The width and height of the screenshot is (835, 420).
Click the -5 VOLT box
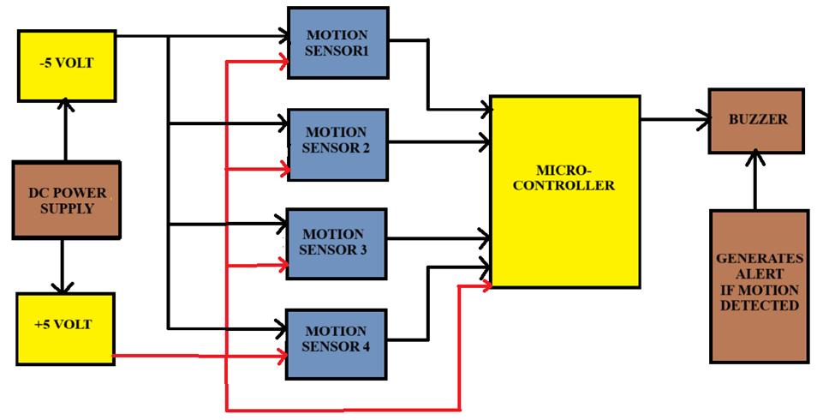click(66, 63)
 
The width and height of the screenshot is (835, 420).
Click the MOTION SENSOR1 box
click(337, 43)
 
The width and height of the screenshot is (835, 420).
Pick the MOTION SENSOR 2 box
click(337, 143)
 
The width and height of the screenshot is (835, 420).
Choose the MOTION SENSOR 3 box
click(337, 243)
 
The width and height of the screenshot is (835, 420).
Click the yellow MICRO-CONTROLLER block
click(564, 190)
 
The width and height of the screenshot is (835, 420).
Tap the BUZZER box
click(756, 120)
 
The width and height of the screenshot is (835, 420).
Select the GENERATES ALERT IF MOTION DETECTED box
click(758, 286)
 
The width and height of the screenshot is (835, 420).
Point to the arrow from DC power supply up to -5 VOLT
click(65, 129)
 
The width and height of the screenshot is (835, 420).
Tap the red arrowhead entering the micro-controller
click(486, 285)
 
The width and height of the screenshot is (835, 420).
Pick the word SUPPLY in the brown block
click(66, 208)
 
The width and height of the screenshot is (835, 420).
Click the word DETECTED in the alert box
click(759, 305)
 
